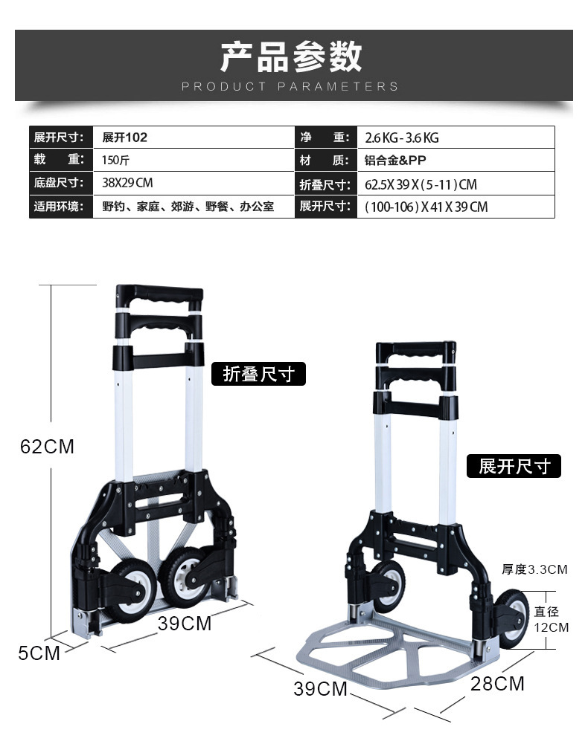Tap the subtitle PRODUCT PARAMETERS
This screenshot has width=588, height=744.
[x=290, y=86]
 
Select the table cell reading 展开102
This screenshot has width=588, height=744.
[x=124, y=138]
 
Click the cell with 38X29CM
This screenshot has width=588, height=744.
[x=127, y=183]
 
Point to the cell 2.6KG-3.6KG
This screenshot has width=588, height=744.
[x=402, y=138]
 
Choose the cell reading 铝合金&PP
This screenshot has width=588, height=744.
[x=395, y=160]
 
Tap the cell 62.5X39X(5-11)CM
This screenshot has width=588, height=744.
[x=421, y=184]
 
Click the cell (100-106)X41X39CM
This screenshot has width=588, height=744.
[x=426, y=207]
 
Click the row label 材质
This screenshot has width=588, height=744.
[x=325, y=160]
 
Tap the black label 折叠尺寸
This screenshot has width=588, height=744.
[x=258, y=374]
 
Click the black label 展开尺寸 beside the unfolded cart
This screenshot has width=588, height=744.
[x=514, y=466]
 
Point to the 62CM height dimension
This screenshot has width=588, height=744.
[x=47, y=447]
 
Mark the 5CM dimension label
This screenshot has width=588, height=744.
[x=39, y=653]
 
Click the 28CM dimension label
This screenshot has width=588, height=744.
[x=497, y=683]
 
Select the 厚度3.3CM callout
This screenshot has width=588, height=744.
[x=534, y=569]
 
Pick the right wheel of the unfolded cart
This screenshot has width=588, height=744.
[x=511, y=618]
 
